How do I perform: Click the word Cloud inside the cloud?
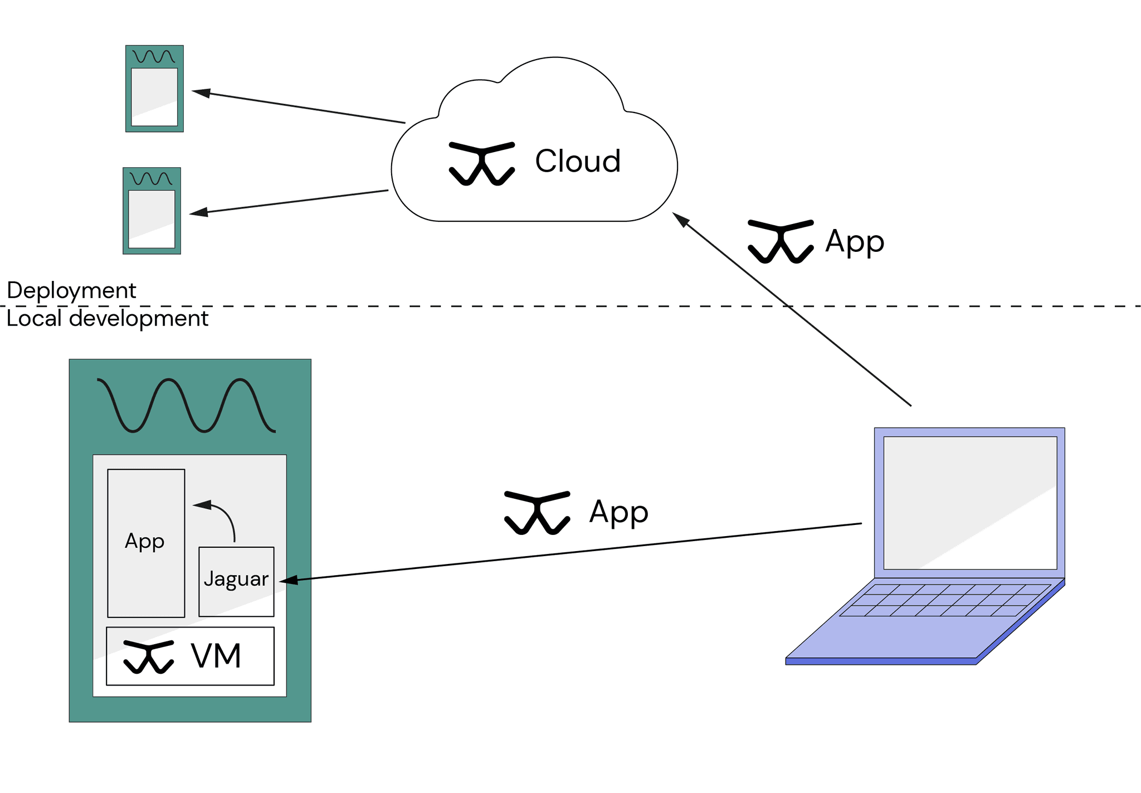(x=578, y=161)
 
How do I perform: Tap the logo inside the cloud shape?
(x=481, y=163)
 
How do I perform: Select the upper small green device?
(x=154, y=89)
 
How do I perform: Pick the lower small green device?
(x=152, y=211)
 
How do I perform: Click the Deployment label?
(x=71, y=290)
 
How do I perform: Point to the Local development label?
(x=107, y=318)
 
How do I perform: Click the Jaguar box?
(x=236, y=581)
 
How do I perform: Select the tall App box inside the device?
(x=146, y=543)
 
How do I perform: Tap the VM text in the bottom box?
(x=216, y=656)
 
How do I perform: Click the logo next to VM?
(x=148, y=656)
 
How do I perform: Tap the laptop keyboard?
(x=945, y=600)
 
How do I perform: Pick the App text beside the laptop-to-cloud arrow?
(x=855, y=241)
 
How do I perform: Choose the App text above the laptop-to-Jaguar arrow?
(x=618, y=512)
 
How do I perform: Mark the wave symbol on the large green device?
(x=186, y=405)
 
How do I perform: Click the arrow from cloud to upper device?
(x=299, y=106)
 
